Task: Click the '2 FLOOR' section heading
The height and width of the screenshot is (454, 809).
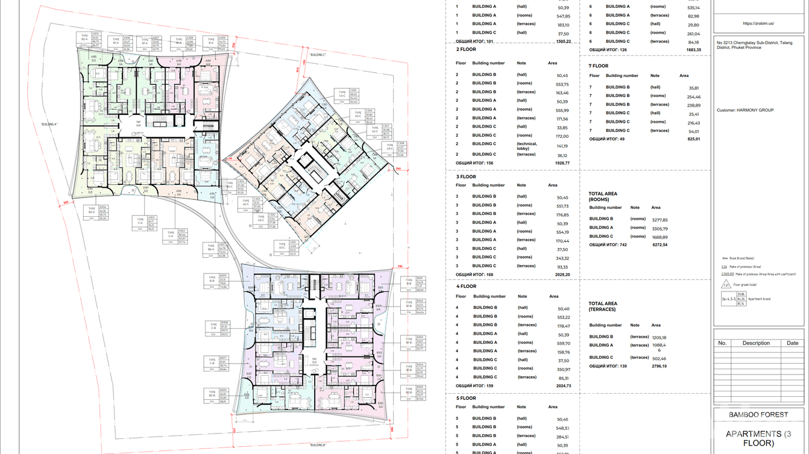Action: (x=466, y=49)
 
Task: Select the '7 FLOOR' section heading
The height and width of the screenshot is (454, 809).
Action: (x=599, y=66)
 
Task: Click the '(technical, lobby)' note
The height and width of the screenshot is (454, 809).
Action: (x=527, y=146)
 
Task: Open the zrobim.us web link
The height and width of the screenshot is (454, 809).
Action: (x=758, y=23)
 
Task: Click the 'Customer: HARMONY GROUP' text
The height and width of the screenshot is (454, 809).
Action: (x=745, y=110)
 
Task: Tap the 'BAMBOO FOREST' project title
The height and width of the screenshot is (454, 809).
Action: (x=758, y=415)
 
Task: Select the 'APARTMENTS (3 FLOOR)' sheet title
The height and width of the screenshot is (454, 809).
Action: (x=758, y=438)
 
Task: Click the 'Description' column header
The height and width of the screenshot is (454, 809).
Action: (x=756, y=343)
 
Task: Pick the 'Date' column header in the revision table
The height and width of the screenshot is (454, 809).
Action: (x=792, y=343)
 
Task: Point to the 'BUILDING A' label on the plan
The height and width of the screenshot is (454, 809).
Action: (x=49, y=124)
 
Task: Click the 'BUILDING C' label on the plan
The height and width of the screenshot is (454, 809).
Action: (x=317, y=55)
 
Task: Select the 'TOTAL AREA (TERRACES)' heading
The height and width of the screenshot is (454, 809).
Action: (x=602, y=306)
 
